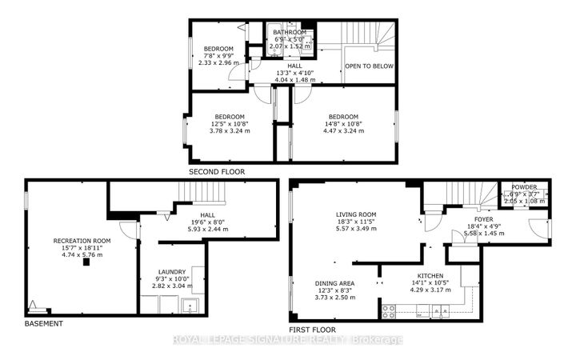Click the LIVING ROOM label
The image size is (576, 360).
pyautogui.click(x=356, y=214)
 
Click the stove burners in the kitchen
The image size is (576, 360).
pyautogui.click(x=390, y=308)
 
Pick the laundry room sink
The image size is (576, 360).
pyautogui.click(x=190, y=304)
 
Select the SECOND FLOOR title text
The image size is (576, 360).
pyautogui.click(x=216, y=171)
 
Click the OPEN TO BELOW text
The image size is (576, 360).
pyautogui.click(x=369, y=66)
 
